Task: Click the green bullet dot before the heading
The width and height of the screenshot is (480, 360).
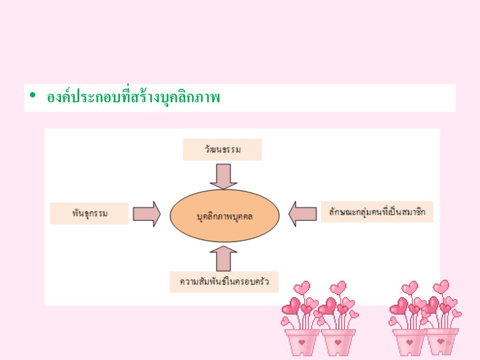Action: (x=32, y=96)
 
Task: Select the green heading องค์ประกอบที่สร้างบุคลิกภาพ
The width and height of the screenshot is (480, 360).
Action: (x=134, y=97)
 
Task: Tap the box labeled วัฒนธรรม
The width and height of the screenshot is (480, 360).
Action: (x=223, y=150)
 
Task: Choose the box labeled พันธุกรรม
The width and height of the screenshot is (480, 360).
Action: (x=90, y=214)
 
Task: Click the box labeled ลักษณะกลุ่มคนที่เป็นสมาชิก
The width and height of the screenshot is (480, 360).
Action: (x=377, y=211)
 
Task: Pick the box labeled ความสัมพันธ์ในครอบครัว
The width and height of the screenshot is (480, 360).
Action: (x=224, y=282)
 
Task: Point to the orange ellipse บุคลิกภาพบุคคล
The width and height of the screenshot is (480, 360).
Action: (x=225, y=216)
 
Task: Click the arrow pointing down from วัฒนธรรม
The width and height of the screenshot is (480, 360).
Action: (x=223, y=176)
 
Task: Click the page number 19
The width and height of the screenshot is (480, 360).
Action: (x=448, y=344)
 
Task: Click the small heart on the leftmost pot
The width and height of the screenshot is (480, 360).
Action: (x=302, y=342)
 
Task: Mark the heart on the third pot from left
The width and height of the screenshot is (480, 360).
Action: (x=410, y=342)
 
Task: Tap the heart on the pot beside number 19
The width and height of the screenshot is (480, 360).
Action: (x=441, y=341)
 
